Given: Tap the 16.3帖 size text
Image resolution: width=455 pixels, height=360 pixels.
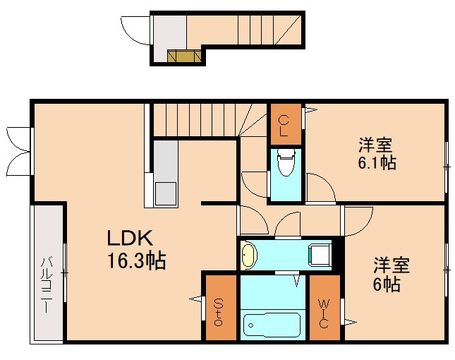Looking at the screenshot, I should coord(136,261).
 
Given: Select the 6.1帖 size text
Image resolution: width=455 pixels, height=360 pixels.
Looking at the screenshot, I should coord(375,163).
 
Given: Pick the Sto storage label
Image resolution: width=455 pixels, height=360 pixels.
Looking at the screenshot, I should coord(218,311).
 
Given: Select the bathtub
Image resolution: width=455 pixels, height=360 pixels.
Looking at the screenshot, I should coord(272,325).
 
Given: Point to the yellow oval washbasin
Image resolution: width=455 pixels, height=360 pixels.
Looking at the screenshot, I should coord(249,255).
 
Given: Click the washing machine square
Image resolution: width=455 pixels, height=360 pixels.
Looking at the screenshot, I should coord(320,254).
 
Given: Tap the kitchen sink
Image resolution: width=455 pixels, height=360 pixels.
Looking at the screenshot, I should coord(166,191).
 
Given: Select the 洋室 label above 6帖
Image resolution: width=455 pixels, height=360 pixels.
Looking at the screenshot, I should coord(391,266).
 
